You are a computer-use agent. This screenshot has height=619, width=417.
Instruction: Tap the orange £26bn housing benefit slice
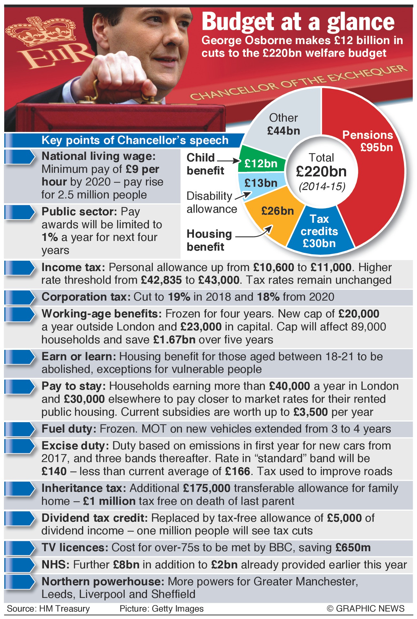[x=275, y=214]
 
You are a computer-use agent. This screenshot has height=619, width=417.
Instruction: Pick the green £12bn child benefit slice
[x=261, y=162]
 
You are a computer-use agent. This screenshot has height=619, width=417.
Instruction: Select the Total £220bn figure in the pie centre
[x=321, y=171]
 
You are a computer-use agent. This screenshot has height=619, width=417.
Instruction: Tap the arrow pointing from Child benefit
[x=228, y=161]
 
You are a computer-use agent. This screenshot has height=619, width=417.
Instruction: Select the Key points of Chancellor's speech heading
[x=135, y=140]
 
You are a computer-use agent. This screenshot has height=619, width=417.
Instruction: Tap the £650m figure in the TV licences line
[x=353, y=548]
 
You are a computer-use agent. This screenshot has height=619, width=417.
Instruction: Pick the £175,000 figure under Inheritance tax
[x=207, y=488]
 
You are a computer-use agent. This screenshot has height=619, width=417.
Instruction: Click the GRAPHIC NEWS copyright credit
[x=366, y=608]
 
